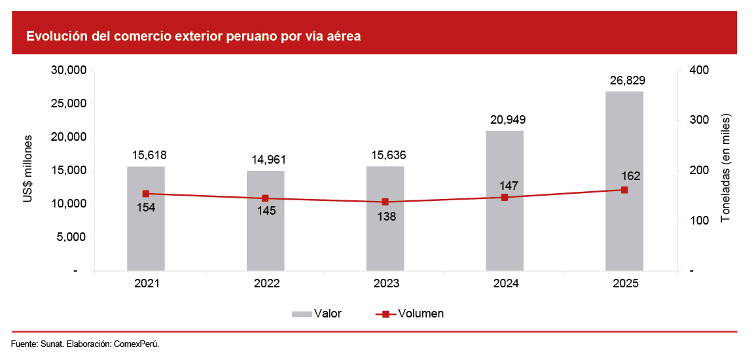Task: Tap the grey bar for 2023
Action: coord(385,236)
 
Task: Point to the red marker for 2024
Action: coord(505,197)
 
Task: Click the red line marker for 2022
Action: coord(265,198)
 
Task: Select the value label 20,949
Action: coord(505,120)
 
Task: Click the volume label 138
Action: coord(386,216)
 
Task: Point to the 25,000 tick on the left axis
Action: coord(68,103)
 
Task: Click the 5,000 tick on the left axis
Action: coord(71,238)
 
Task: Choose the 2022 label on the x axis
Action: coord(266,284)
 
